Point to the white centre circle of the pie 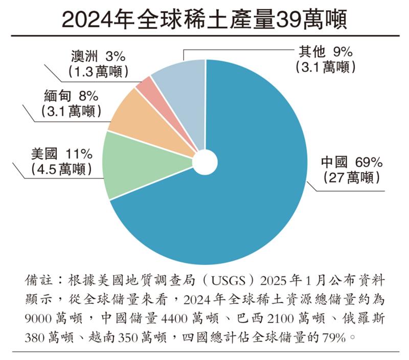coord(205,161)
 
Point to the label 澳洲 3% coord(96,55)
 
